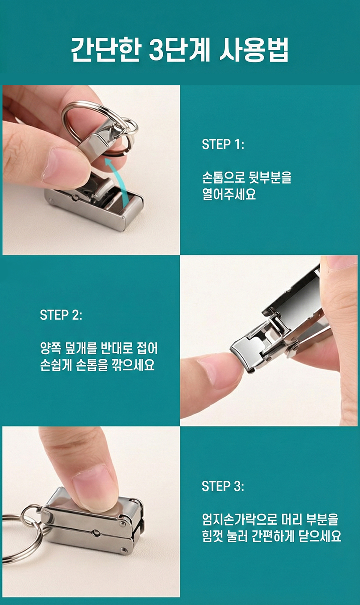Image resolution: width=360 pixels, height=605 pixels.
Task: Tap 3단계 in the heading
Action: [179, 50]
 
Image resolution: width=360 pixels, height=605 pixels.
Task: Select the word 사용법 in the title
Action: [254, 50]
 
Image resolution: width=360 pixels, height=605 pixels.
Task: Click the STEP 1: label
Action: [223, 144]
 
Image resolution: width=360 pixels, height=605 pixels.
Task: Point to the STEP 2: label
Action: [61, 315]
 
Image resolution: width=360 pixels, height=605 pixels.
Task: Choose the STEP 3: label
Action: [223, 486]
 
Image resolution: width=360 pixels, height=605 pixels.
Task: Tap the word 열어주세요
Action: [229, 194]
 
